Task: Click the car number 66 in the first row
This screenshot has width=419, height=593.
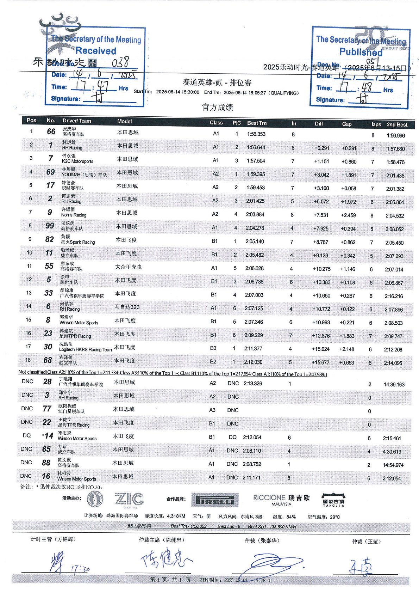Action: (x=51, y=132)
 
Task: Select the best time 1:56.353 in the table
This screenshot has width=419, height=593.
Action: (x=256, y=134)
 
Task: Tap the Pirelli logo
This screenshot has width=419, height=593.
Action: (x=215, y=500)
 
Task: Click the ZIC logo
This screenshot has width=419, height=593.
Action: (x=129, y=499)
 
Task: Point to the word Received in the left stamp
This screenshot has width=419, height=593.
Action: (x=96, y=51)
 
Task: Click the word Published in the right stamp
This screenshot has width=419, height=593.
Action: (x=360, y=52)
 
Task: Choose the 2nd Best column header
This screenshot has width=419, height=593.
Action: (x=397, y=124)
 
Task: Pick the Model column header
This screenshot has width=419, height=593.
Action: (x=124, y=121)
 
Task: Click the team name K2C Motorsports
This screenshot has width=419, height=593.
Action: (x=77, y=161)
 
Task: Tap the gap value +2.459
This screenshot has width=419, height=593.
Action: (x=348, y=215)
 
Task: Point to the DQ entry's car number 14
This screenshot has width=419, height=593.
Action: (x=49, y=436)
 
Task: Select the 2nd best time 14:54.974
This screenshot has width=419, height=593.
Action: (x=393, y=465)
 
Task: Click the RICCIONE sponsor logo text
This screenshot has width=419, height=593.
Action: (x=269, y=497)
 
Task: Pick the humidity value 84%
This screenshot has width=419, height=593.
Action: (x=291, y=517)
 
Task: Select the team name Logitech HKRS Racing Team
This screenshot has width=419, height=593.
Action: (x=85, y=350)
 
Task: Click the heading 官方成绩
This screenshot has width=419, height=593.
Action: (x=217, y=108)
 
